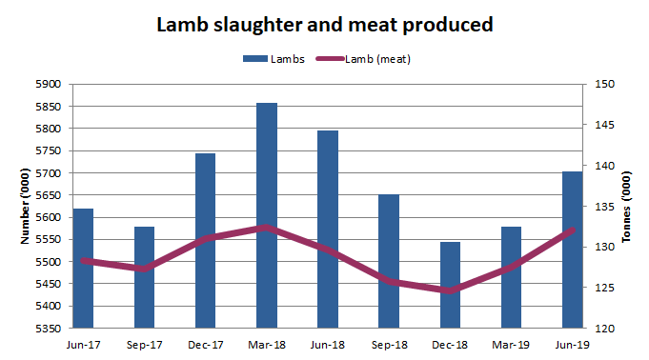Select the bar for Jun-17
[83, 269]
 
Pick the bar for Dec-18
[449, 285]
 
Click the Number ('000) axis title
[27, 207]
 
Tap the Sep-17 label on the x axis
[144, 344]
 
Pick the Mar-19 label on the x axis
[510, 344]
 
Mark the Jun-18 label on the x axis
[327, 344]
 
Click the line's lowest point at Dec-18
[449, 290]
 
